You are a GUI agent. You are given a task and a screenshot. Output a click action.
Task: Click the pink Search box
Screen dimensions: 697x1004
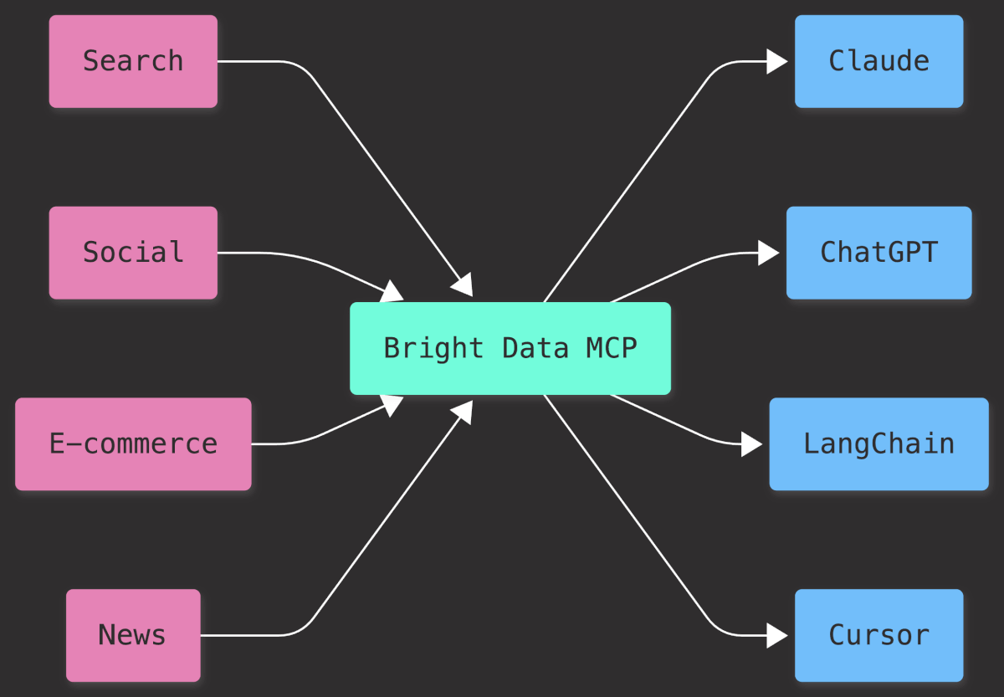coord(133,61)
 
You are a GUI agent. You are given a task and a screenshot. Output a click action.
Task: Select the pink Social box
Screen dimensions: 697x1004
coord(133,253)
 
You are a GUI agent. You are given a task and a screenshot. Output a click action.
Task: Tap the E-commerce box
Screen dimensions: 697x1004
coord(133,443)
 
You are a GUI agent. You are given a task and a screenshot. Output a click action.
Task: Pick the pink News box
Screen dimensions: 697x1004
coord(133,635)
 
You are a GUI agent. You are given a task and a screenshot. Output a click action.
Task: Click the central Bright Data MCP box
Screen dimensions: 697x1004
coord(510,348)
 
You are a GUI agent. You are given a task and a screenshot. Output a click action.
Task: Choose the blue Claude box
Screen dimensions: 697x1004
coord(878,61)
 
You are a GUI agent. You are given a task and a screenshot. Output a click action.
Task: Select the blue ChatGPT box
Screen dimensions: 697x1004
coord(878,253)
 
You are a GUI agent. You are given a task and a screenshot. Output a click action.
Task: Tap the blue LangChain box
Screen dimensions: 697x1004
coord(878,443)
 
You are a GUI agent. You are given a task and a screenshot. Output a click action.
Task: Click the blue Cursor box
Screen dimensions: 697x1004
coord(878,635)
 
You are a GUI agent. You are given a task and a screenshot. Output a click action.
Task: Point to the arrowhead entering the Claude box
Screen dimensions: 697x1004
coord(777,61)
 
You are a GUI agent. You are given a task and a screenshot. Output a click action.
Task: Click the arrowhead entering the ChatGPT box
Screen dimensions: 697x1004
coord(769,253)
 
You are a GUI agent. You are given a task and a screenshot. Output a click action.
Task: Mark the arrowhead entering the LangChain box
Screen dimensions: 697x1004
coord(752,443)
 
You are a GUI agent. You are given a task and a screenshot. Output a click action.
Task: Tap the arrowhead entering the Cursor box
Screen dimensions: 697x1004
coord(777,635)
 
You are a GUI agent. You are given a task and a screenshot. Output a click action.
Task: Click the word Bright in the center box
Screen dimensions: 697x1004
coord(433,348)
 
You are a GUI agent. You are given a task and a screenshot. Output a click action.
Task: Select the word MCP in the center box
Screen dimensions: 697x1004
coord(612,348)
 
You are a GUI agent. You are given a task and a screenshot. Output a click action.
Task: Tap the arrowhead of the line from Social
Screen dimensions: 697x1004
coord(392,292)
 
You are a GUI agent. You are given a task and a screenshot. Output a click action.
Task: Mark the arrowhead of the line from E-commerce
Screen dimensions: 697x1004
coord(392,404)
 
